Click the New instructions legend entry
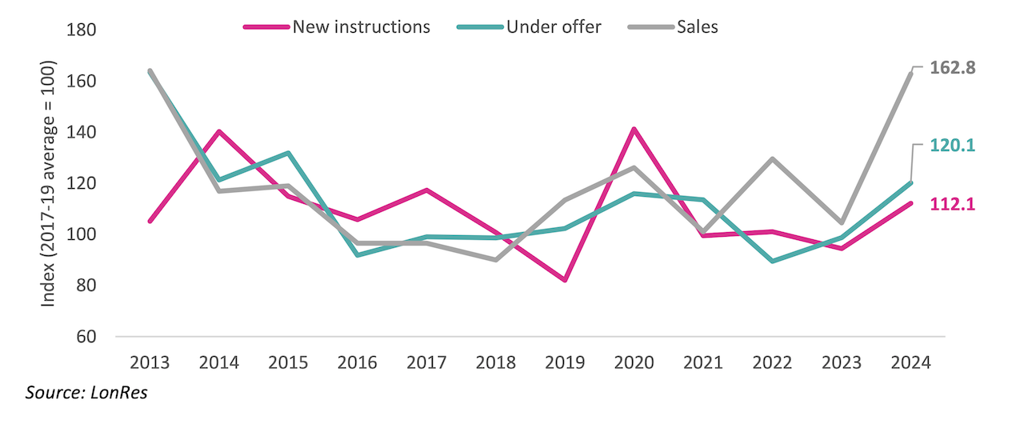point(361,26)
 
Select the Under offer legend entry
point(553,26)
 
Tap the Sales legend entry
point(697,26)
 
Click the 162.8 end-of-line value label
point(953,69)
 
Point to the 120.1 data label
point(953,146)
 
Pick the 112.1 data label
point(953,205)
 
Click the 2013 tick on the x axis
point(150,362)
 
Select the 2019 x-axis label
point(565,362)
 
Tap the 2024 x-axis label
point(910,362)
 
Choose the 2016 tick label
point(357,362)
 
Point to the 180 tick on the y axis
point(83,30)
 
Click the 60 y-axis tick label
point(87,337)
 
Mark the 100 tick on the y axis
point(83,234)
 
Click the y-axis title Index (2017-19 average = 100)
point(49,183)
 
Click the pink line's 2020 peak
point(634,129)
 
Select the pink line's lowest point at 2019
point(565,280)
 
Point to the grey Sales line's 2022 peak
point(772,158)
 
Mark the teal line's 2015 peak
point(288,153)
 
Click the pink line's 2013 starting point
point(150,221)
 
